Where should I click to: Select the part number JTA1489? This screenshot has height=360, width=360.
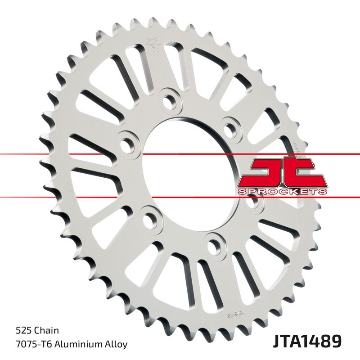point(306,340)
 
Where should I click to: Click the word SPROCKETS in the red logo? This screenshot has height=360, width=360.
point(282,192)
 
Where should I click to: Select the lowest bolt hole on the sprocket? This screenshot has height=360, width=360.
point(212,243)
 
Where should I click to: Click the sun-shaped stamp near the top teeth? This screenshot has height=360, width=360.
point(150,45)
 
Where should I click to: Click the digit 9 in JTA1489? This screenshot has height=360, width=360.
point(340,340)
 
